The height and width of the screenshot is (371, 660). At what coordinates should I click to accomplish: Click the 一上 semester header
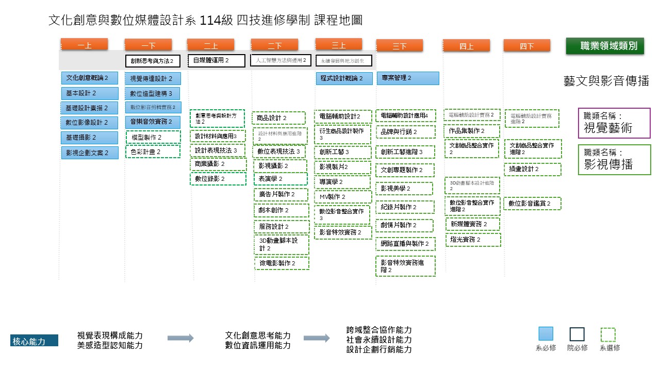[x=84, y=45]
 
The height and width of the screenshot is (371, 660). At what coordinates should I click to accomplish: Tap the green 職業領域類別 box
[x=605, y=46]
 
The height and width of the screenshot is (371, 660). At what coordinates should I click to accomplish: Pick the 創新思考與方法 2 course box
[x=153, y=61]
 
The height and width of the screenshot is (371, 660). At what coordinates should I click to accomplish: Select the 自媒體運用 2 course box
[x=216, y=60]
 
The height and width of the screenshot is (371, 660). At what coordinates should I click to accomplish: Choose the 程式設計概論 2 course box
[x=344, y=78]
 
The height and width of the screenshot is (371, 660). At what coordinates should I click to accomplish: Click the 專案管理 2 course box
[x=407, y=78]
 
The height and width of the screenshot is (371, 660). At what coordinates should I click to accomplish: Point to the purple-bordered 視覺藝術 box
[x=614, y=123]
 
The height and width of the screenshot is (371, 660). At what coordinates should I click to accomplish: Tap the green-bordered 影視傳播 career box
[x=614, y=160]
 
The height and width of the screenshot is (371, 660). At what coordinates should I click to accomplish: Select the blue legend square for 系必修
[x=546, y=334]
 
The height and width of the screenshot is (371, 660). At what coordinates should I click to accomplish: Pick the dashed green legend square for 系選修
[x=608, y=335]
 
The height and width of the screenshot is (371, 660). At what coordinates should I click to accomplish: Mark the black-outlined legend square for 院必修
[x=577, y=334]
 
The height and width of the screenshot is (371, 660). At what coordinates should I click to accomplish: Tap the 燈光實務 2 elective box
[x=473, y=240]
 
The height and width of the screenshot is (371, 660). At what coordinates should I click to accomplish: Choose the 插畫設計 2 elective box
[x=532, y=169]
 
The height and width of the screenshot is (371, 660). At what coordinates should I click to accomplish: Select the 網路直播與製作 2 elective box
[x=405, y=243]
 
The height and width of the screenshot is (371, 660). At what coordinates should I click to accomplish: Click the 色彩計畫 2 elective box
[x=153, y=152]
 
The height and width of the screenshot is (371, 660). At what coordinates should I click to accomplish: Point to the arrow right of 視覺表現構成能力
[x=180, y=338]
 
